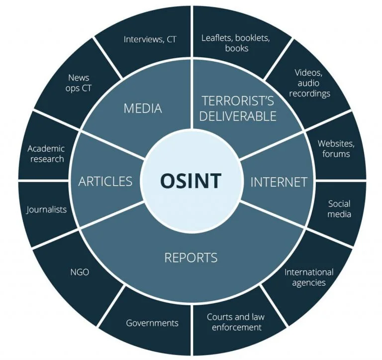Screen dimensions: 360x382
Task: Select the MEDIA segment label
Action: pyautogui.click(x=143, y=108)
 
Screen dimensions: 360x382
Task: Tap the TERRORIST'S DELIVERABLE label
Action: pyautogui.click(x=238, y=109)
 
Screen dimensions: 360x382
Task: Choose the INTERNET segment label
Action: pyautogui.click(x=279, y=182)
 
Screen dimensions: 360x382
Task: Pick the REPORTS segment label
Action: pyautogui.click(x=191, y=257)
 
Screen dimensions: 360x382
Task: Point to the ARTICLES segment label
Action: pyautogui.click(x=105, y=181)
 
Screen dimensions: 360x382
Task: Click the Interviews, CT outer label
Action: pyautogui.click(x=150, y=39)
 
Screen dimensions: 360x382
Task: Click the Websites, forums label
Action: pyautogui.click(x=336, y=149)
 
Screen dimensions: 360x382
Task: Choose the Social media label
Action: pyautogui.click(x=339, y=209)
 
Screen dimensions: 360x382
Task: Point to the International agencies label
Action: pyautogui.click(x=309, y=277)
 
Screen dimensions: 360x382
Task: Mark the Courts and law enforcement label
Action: pyautogui.click(x=236, y=322)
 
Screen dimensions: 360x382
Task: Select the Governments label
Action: pyautogui.click(x=152, y=323)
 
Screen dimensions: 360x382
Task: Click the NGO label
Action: pyautogui.click(x=80, y=272)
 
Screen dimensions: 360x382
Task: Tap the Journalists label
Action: pyautogui.click(x=47, y=209)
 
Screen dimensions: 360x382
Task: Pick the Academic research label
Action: pyautogui.click(x=46, y=154)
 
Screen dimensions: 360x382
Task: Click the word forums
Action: pyautogui.click(x=336, y=154)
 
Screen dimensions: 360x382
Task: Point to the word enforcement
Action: pyautogui.click(x=236, y=328)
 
